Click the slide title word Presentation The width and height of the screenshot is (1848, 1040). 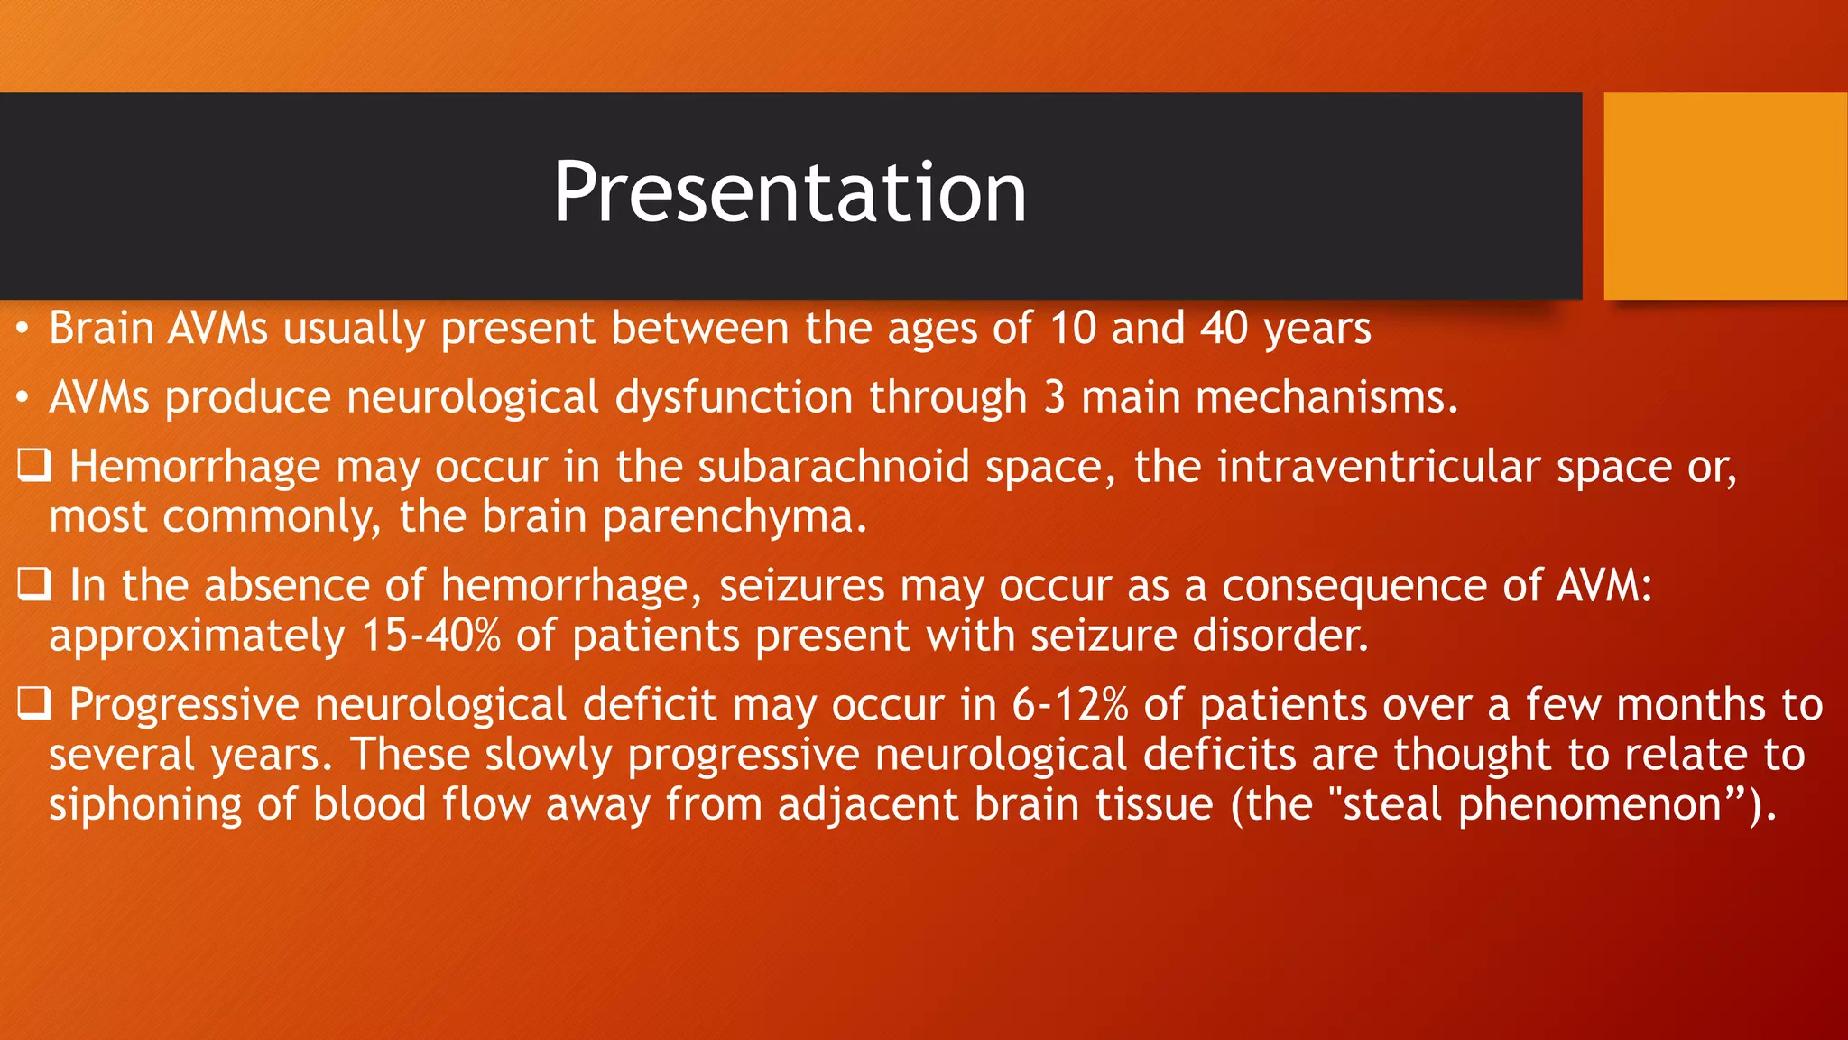click(790, 191)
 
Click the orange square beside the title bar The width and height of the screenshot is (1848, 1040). click(1724, 196)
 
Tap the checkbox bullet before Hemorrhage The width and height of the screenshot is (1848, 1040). click(34, 466)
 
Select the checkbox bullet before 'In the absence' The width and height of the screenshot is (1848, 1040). click(34, 585)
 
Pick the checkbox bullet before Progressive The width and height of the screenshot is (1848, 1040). click(34, 704)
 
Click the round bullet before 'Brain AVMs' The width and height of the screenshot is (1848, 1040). click(23, 328)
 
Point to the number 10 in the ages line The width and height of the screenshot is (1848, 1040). click(1072, 328)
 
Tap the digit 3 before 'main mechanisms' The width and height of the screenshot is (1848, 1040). click(1054, 397)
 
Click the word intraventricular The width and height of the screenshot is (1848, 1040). click(1378, 467)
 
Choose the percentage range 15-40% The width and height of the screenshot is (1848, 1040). click(430, 636)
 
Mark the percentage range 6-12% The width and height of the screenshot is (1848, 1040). click(1069, 705)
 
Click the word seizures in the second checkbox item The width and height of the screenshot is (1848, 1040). click(801, 586)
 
